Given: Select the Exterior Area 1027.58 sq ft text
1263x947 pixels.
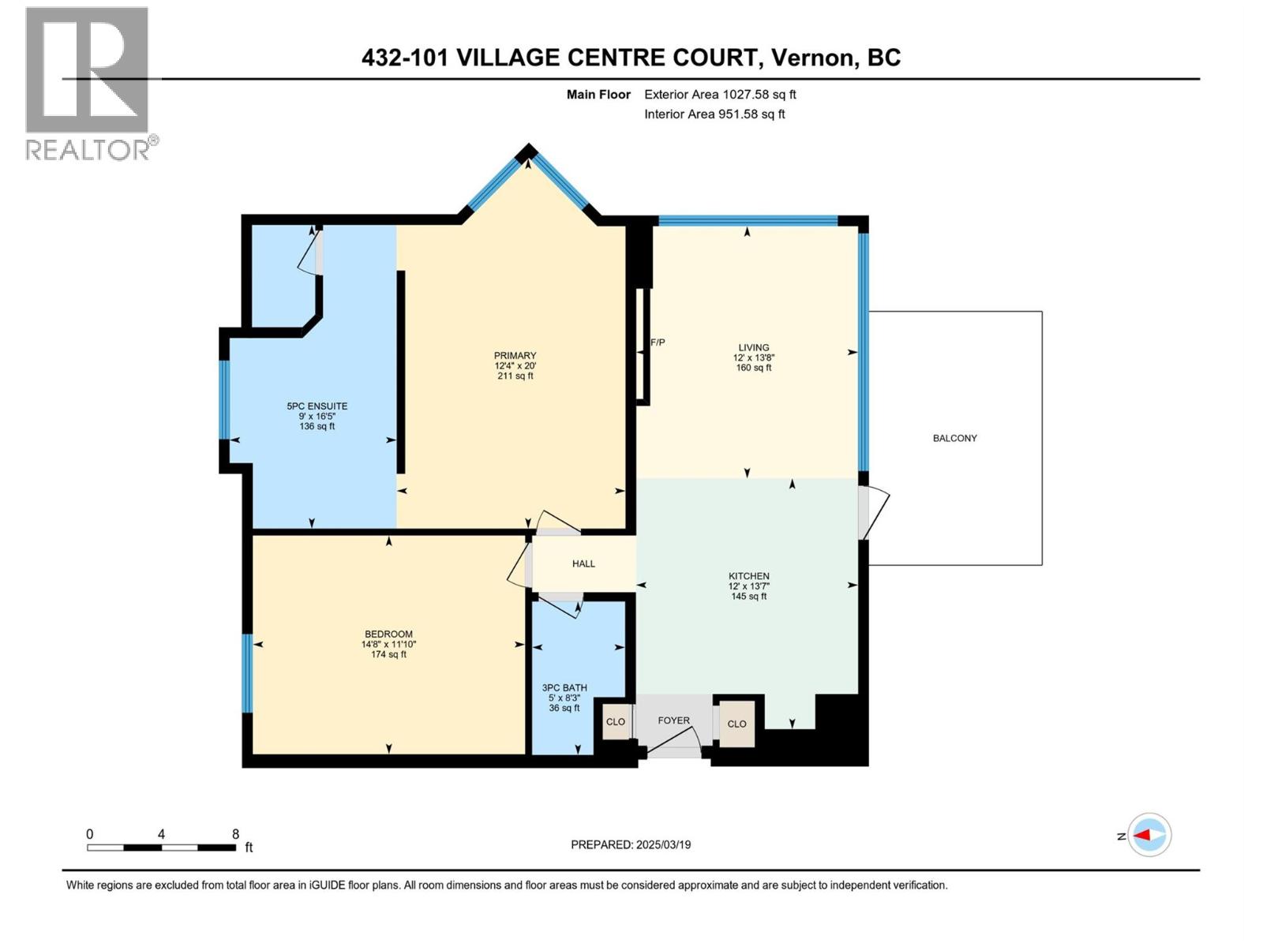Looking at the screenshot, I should point(719,95).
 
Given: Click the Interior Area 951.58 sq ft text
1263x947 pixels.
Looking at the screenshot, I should point(714,114).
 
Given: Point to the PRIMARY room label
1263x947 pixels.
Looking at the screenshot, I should point(515,356).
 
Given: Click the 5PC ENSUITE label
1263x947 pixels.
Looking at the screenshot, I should point(317,406).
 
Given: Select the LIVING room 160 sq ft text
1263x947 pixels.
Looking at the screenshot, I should point(753,368).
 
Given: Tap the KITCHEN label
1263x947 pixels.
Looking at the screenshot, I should point(748,577).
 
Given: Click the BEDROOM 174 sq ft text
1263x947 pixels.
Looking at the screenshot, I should point(388,654).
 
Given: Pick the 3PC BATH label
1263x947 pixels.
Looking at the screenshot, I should point(564,688).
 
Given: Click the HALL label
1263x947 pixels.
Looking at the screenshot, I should point(583,563).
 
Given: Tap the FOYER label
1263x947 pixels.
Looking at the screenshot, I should point(673,721).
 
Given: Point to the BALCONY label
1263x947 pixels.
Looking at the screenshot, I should point(954,438).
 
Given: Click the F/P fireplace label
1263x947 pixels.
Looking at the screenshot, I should point(658,342).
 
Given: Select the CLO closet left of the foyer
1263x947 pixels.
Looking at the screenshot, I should point(615,722).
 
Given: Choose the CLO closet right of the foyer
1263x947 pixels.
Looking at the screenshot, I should point(736,724).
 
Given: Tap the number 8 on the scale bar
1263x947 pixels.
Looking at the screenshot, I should point(235,834).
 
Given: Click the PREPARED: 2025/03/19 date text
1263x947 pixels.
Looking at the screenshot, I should point(631,844).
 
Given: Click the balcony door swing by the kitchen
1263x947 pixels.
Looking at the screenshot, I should point(875,514).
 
